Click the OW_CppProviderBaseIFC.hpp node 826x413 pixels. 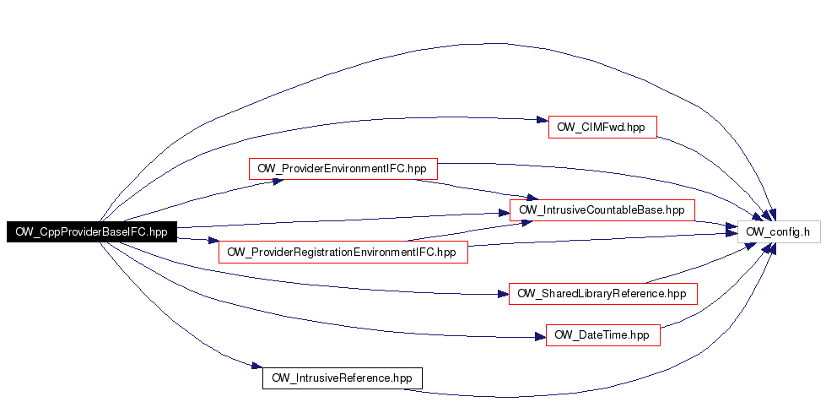click(91, 232)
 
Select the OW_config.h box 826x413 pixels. click(779, 231)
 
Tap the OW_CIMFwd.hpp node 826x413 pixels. click(602, 128)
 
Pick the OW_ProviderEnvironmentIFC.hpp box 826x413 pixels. click(343, 169)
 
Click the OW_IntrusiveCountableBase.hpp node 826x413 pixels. click(602, 210)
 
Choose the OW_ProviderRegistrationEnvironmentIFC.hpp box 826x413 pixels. click(343, 252)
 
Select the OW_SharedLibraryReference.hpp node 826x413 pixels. click(602, 293)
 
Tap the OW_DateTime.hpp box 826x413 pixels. click(602, 335)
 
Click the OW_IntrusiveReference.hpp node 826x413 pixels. click(343, 378)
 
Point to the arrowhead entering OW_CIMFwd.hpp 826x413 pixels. click(543, 120)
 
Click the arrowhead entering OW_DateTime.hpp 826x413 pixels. click(540, 336)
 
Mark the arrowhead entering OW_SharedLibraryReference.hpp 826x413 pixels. click(503, 294)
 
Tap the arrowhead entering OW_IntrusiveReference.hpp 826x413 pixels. click(257, 366)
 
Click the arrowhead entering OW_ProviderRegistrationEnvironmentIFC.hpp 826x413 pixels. click(213, 241)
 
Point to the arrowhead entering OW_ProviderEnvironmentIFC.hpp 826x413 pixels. click(278, 181)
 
